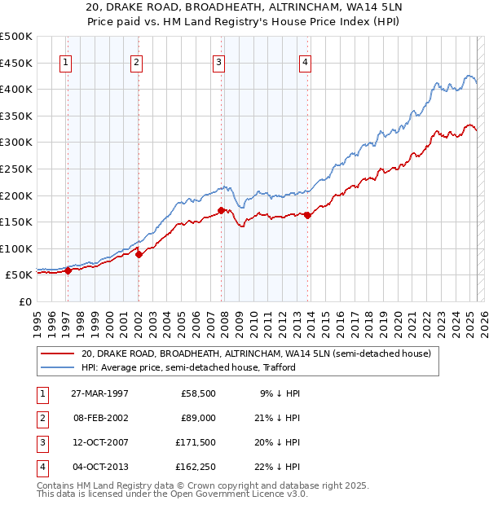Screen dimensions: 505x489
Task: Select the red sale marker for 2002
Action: pyautogui.click(x=139, y=254)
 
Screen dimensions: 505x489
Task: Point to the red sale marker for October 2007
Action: pyautogui.click(x=221, y=210)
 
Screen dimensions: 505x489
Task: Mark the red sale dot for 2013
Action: pyautogui.click(x=307, y=215)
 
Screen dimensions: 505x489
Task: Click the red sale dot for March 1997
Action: pyautogui.click(x=68, y=271)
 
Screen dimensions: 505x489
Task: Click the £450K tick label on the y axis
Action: pyautogui.click(x=16, y=63)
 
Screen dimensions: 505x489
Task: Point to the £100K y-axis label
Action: pyautogui.click(x=16, y=248)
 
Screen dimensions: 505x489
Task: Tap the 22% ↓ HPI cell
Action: pyautogui.click(x=278, y=467)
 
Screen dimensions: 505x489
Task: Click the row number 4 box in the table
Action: pyautogui.click(x=42, y=467)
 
